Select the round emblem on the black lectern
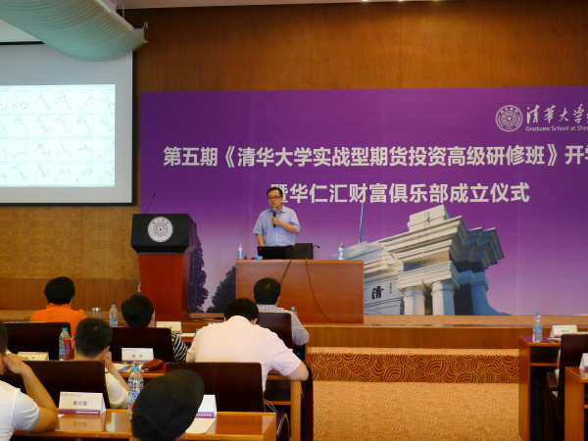(160, 228)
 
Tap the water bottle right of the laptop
(341, 252)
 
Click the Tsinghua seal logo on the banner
(509, 119)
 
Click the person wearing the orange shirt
(59, 303)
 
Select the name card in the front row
(81, 403)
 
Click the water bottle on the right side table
(537, 327)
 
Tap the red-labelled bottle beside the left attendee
(65, 344)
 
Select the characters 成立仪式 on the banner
(490, 193)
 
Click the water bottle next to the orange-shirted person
(114, 315)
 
